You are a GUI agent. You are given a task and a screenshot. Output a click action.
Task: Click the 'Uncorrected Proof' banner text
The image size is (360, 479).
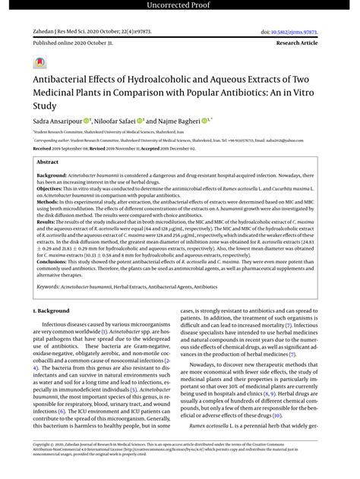(180, 6)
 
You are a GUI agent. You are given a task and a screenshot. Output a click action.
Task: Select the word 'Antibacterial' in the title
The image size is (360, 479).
(63, 78)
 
